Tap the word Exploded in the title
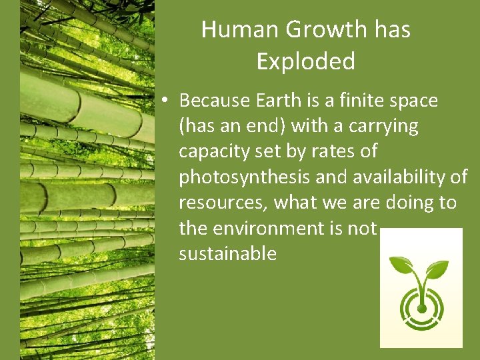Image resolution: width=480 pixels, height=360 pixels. click(305, 61)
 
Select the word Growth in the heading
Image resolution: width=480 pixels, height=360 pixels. click(321, 29)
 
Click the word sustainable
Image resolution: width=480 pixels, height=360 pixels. click(227, 253)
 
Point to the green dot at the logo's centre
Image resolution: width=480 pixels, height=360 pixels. click(421, 309)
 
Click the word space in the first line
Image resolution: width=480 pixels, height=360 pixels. click(414, 101)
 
